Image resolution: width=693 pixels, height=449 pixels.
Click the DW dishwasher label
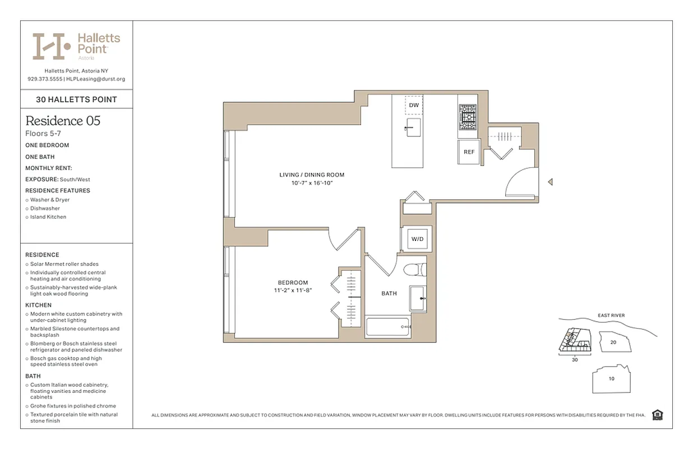point(414,105)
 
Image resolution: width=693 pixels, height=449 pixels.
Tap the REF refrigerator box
point(469,152)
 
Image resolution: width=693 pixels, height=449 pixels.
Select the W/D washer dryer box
point(417,239)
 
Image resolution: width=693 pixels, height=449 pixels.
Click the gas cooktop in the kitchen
point(468,117)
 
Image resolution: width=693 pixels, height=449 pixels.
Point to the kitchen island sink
point(413,127)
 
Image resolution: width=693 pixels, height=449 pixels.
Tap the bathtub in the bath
point(387,327)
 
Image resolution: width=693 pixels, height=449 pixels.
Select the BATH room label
point(389,294)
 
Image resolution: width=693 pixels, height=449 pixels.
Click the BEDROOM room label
point(293,282)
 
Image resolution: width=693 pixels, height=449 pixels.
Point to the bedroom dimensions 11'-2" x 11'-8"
point(293,291)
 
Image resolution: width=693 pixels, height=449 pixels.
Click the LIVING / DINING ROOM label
point(312,175)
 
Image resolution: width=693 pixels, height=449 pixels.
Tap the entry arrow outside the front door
point(550,182)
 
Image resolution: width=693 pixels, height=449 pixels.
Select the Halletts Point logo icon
point(51,46)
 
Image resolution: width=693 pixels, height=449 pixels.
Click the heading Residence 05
point(63,121)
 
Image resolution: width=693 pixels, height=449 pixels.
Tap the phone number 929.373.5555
point(44,79)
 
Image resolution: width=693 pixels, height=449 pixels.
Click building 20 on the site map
point(613,342)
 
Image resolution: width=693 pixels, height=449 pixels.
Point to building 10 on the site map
point(611,379)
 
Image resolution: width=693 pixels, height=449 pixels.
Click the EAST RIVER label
point(611,315)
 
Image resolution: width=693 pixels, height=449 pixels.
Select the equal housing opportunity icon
point(658,415)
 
